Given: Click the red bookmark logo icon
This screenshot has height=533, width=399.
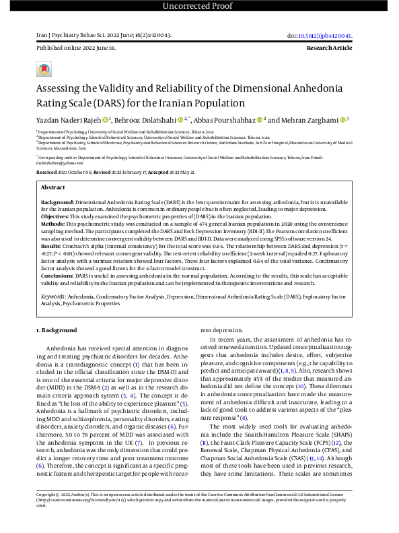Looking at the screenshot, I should pyautogui.click(x=44, y=69).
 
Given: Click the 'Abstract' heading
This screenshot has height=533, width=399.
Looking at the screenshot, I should pyautogui.click(x=53, y=187).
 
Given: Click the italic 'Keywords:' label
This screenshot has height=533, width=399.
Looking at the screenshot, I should pyautogui.click(x=53, y=295).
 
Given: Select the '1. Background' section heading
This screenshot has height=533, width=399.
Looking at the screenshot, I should pyautogui.click(x=57, y=331).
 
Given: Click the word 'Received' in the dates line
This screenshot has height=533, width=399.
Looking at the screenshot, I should pyautogui.click(x=47, y=173).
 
